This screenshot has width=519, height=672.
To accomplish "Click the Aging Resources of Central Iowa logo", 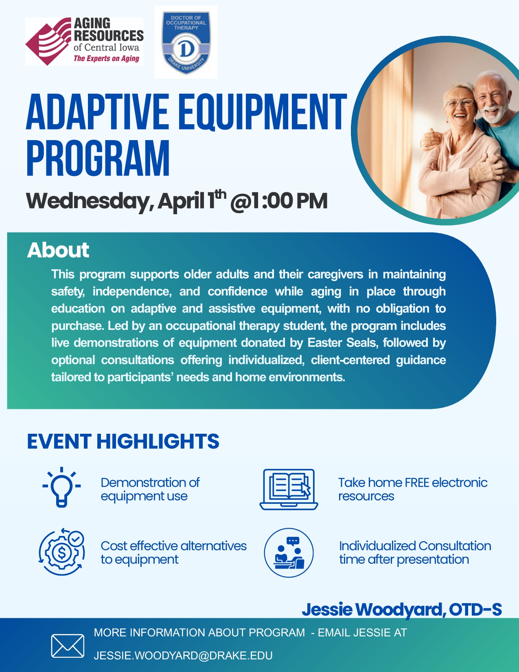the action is (x=84, y=42).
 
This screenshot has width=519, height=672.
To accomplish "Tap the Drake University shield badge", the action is (x=186, y=42).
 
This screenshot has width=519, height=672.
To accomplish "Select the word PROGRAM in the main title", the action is (x=98, y=158).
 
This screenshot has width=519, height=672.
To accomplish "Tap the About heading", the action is (x=58, y=250).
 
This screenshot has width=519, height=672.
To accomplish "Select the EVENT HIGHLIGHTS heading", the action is (x=123, y=441).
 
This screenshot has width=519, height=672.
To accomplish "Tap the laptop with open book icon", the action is (x=289, y=489).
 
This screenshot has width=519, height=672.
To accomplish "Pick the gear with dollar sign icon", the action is (x=62, y=552).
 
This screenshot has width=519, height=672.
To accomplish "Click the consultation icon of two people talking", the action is (x=289, y=552).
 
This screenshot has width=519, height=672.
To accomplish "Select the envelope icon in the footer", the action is (x=68, y=646).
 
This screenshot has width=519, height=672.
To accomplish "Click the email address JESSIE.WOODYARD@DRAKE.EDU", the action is (x=183, y=655).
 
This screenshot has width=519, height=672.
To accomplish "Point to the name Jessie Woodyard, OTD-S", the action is (x=401, y=609).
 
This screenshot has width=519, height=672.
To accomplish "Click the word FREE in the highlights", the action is (x=417, y=483).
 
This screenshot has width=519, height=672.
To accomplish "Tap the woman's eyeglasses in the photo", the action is (x=460, y=103).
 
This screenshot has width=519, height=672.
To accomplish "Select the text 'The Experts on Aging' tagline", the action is (x=106, y=59).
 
